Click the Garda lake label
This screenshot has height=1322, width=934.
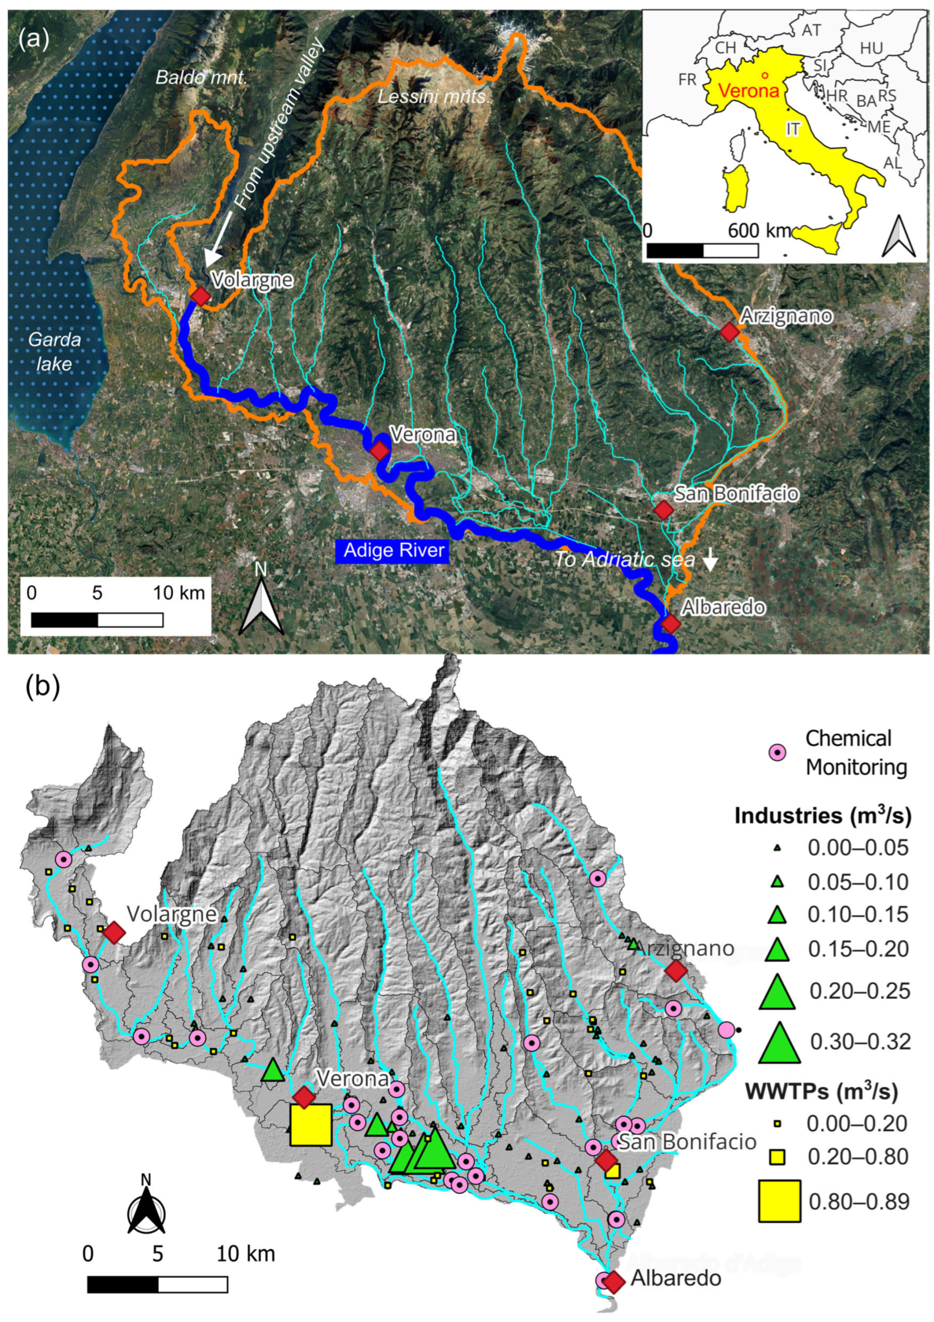[55, 351]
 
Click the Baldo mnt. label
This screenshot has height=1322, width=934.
[202, 77]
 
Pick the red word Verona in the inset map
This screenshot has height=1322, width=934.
[749, 90]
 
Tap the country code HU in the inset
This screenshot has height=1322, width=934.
[871, 48]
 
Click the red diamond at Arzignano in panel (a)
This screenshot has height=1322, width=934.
[729, 332]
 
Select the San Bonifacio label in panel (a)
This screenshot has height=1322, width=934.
[736, 493]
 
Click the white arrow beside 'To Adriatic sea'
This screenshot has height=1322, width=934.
[711, 558]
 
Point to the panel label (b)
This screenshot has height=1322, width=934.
[42, 688]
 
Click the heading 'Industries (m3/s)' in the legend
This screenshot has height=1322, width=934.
[822, 816]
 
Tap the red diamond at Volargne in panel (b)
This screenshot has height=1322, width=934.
[114, 932]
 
